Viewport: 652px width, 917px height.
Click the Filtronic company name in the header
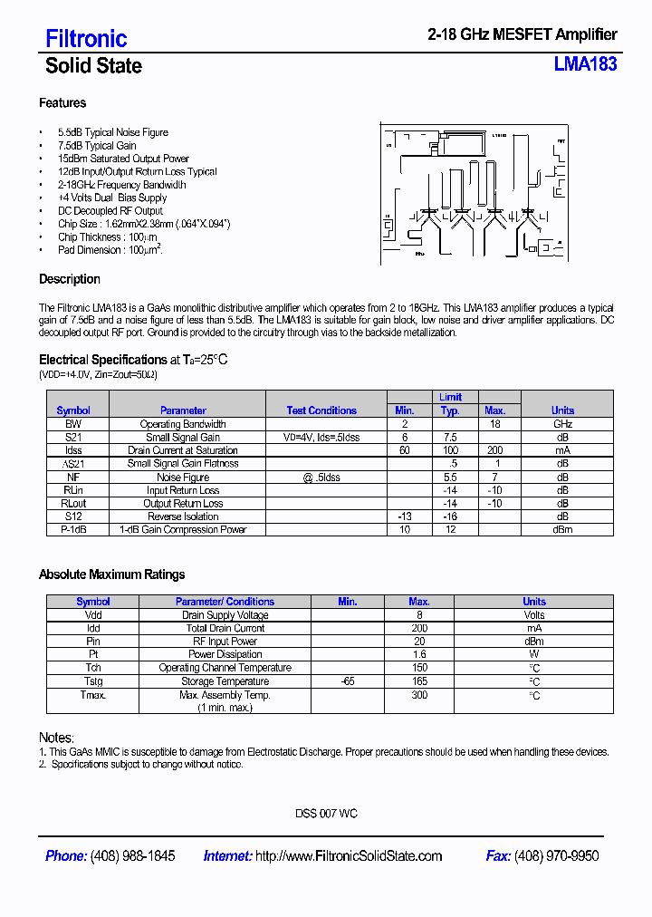[86, 38]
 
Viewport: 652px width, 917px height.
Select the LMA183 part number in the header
[585, 64]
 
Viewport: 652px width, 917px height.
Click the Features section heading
[62, 103]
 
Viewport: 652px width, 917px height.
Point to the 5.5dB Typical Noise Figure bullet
[112, 132]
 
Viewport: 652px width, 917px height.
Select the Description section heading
[70, 279]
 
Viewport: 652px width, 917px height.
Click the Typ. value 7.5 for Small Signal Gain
[450, 437]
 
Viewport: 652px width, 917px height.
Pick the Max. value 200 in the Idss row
[494, 450]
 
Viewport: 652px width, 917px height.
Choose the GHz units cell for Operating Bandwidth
[562, 424]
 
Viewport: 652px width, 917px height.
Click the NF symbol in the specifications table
[73, 477]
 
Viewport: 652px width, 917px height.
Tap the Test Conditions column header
[321, 410]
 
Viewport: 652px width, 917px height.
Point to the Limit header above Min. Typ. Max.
[450, 397]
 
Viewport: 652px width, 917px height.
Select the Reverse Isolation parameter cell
[183, 516]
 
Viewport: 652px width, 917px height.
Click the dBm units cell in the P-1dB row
[562, 529]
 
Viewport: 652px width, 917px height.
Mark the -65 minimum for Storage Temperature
[347, 681]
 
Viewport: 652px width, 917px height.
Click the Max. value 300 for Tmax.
[419, 695]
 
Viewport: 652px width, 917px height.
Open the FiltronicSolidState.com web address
[349, 856]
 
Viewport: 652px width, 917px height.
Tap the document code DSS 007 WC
[326, 814]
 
